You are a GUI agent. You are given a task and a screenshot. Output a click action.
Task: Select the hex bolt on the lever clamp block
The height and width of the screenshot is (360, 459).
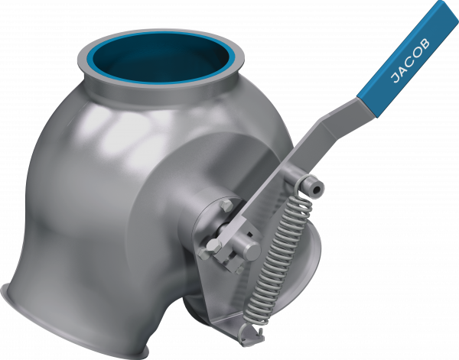215,245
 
